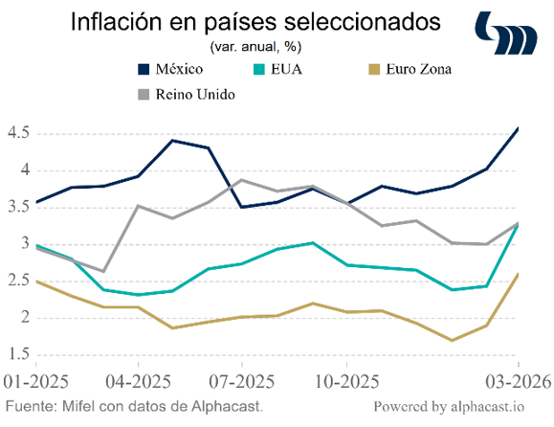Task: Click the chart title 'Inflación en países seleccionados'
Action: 255,22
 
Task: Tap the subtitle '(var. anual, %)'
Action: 255,46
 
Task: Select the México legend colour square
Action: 144,69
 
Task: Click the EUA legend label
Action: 286,69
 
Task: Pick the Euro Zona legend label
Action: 419,69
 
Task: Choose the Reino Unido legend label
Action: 195,95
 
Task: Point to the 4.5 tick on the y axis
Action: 18,133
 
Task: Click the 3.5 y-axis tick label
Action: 18,207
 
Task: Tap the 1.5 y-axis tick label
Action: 18,354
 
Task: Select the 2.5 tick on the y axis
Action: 18,281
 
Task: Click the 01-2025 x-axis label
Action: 36,382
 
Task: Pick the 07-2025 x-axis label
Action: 242,382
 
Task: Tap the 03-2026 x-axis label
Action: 518,382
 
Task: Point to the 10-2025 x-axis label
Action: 346,382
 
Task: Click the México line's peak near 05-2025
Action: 172,141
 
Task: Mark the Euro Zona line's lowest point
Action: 452,341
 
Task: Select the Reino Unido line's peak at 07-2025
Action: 242,180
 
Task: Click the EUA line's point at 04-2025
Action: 138,295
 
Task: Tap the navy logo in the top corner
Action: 506,33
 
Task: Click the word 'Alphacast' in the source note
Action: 226,406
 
